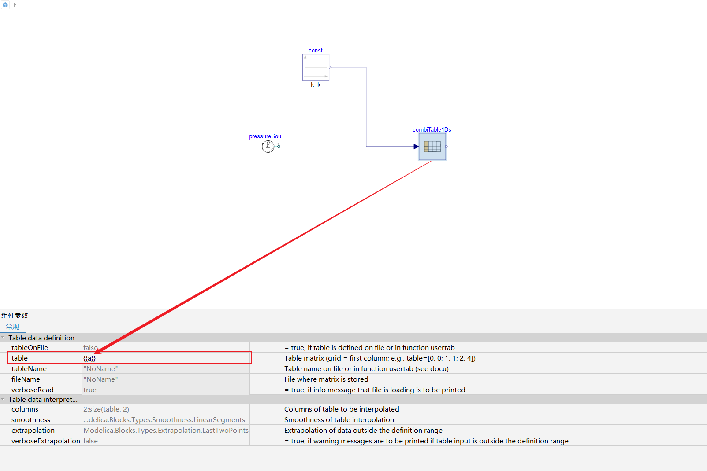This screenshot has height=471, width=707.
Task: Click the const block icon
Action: (316, 67)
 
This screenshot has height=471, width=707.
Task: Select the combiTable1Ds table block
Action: (432, 147)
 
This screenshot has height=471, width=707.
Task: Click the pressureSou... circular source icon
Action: (268, 146)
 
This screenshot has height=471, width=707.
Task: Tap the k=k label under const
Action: (316, 85)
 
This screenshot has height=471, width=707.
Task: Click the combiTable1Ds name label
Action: (432, 129)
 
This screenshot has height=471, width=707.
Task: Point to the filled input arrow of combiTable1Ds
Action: (416, 147)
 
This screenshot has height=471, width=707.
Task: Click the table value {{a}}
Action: (89, 358)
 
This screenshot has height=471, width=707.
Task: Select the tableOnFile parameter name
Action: (30, 347)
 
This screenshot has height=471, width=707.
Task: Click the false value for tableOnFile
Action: (90, 347)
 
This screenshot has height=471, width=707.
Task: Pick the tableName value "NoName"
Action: (100, 368)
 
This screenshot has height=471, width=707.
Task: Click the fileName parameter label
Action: (26, 379)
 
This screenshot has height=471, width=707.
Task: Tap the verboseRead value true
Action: (90, 390)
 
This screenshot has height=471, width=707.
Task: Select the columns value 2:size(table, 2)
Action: (106, 409)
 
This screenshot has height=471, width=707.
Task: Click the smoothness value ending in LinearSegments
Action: (164, 420)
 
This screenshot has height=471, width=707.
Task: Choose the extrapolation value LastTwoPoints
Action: (166, 431)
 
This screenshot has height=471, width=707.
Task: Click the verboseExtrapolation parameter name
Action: (46, 441)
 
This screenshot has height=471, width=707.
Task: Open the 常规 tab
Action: (12, 327)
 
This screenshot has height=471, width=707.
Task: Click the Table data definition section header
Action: (41, 338)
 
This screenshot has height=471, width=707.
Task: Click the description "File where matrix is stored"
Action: (326, 379)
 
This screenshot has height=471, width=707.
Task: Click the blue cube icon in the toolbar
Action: (5, 5)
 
